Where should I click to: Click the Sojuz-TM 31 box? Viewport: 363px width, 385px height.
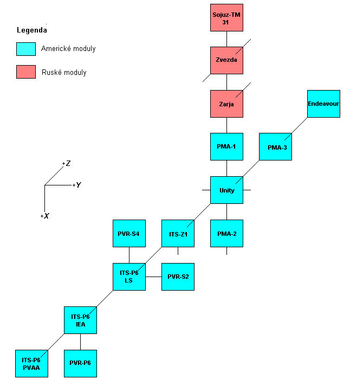226,17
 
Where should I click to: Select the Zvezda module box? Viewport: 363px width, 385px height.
226,60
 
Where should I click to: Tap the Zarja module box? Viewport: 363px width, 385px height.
226,104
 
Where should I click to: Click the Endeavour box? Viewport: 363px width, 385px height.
323,104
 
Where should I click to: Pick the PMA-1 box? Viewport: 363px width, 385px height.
226,146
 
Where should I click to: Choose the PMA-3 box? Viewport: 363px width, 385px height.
275,146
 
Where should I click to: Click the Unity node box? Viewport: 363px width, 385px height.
226,190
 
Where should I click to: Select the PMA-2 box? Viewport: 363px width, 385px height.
226,233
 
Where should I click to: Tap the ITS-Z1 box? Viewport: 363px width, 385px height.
178,233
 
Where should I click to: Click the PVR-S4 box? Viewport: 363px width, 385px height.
129,233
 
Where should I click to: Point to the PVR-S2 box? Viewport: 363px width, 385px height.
178,277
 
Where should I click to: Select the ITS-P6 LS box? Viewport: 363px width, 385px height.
129,277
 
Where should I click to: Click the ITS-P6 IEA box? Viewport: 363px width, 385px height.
80,320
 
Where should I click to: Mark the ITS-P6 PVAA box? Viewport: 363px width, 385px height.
31,363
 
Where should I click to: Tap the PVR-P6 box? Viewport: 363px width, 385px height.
80,363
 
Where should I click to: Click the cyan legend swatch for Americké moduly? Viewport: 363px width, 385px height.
26,49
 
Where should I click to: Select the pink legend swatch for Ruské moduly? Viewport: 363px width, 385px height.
26,72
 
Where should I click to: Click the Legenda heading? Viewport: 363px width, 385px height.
31,30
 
